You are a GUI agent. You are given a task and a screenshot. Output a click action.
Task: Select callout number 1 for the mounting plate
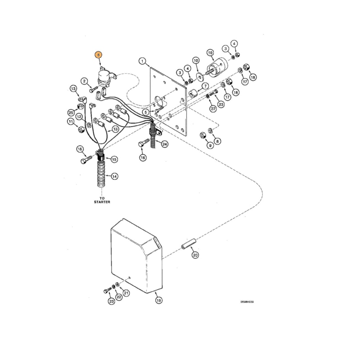(143, 61)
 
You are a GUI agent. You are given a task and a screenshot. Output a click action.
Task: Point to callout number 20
(195, 255)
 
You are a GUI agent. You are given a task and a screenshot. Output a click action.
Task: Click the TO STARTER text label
(100, 200)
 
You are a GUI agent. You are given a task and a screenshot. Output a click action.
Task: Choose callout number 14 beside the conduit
(114, 176)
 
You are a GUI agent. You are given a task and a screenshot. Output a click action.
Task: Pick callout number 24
(165, 144)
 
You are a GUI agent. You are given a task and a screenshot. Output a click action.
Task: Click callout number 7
(205, 86)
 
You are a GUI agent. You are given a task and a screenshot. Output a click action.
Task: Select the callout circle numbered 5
(145, 112)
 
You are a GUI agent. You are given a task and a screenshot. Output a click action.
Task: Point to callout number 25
(71, 113)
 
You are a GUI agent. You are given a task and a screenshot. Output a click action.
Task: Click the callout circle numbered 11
(71, 122)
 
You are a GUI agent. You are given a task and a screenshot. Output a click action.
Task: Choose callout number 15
(114, 159)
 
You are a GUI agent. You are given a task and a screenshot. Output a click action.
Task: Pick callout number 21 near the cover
(126, 293)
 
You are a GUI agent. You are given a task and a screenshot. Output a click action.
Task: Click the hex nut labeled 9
(203, 135)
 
